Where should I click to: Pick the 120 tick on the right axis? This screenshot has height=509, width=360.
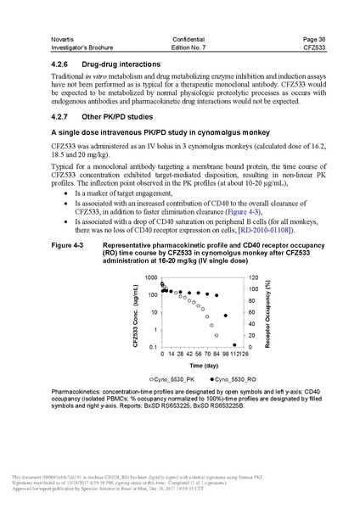pos(252,278)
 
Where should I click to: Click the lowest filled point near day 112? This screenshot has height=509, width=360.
pos(233,344)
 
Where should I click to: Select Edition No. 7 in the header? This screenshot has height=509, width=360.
pos(181,48)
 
